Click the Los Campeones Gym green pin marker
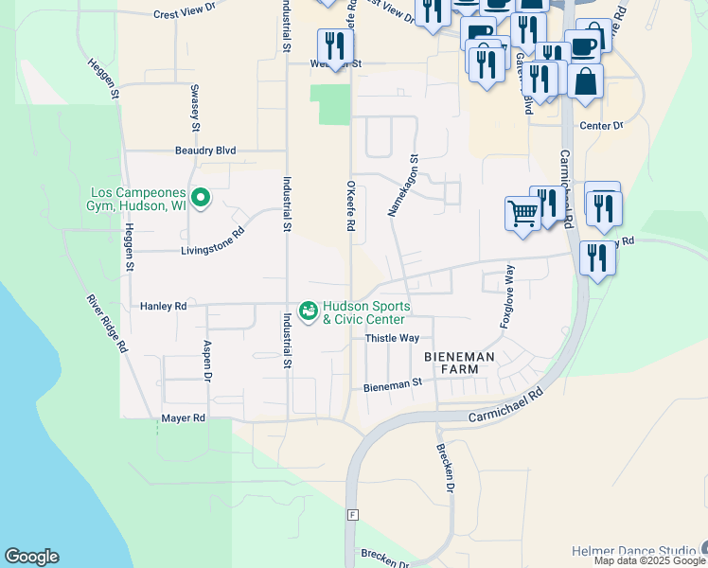200,198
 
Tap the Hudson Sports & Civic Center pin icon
308,311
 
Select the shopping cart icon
522,214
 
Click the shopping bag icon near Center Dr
586,83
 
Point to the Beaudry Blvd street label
204,151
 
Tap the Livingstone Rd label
213,252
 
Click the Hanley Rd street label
163,307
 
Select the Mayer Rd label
183,417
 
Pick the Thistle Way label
392,338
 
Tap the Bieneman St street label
392,386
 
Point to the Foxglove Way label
508,296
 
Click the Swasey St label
195,107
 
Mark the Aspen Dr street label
205,361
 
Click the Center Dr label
601,126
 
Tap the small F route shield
352,515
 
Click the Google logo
31,557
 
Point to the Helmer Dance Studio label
632,551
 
